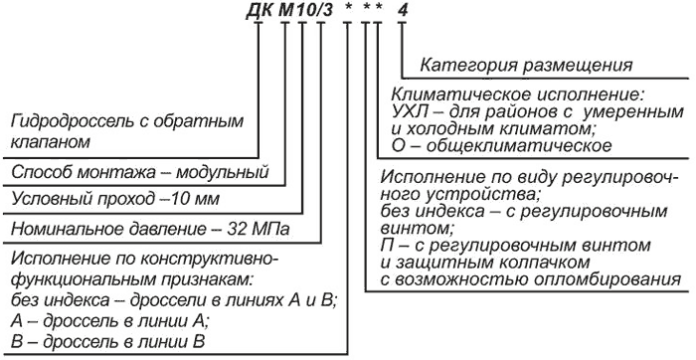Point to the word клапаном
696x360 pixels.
(50, 142)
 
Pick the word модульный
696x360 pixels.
(222, 172)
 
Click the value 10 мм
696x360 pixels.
(193, 199)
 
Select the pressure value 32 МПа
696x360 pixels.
(258, 230)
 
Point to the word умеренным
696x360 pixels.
(637, 112)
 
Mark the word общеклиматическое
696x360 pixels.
(518, 145)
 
